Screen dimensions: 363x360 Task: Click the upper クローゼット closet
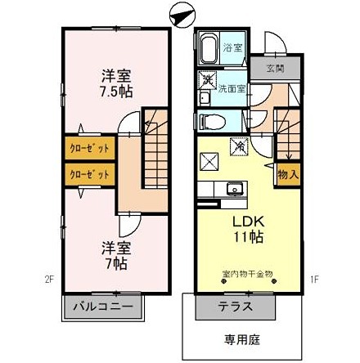tap(88, 150)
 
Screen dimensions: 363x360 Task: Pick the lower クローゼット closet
tap(88, 174)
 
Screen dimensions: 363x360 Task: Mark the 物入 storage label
tap(287, 174)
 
